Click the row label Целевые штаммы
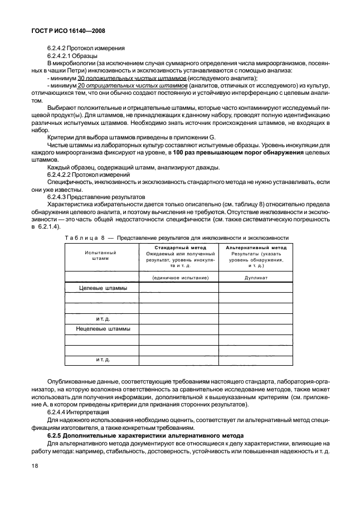point(103,288)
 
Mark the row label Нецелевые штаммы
point(103,329)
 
